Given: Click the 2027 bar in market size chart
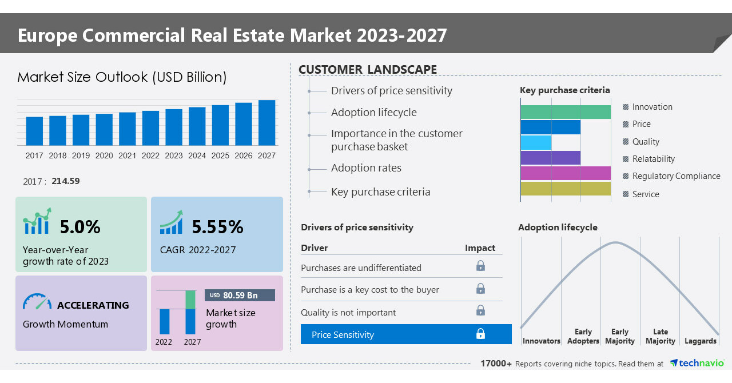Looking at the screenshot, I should [266, 123].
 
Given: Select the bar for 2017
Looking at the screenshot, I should [34, 131].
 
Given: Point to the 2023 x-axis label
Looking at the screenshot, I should [174, 155].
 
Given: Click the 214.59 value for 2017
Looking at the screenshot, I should [65, 181].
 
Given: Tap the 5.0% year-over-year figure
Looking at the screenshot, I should [80, 227].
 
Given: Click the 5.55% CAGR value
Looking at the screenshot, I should [217, 227].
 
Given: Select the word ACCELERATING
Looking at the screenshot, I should [93, 305].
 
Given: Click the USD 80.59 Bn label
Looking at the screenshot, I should [240, 295].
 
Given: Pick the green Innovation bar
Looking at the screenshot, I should [565, 112].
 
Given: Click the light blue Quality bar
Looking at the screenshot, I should [536, 142].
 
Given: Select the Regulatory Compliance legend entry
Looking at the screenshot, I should [675, 176].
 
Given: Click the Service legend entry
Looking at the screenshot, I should [645, 194].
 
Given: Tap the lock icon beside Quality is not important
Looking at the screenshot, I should [480, 310].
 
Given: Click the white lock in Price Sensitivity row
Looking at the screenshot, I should [480, 334].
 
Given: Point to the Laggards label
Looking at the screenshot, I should [700, 341].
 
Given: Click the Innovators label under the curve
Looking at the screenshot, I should [541, 341].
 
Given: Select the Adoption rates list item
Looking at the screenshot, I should [366, 168].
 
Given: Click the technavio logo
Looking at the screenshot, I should [697, 363].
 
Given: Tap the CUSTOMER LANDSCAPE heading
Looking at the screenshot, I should [368, 70].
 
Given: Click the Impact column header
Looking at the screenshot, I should [480, 248].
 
